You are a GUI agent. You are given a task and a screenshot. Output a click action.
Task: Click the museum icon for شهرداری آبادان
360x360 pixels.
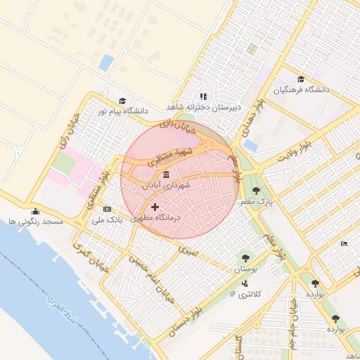pos(166,175)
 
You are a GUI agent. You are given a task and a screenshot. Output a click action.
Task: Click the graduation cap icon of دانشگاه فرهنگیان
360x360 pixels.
pos(301,79)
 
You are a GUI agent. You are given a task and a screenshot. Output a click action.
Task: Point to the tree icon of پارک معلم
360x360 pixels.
pos(255,189)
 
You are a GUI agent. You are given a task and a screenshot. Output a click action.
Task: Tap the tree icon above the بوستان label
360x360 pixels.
pos(245,258)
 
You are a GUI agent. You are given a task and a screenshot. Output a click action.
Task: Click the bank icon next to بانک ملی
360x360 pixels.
pos(107,209)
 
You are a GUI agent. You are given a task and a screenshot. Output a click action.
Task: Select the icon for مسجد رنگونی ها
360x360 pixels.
pos(35,211)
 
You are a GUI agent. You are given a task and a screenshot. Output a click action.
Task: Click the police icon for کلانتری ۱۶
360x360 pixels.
pos(244,283)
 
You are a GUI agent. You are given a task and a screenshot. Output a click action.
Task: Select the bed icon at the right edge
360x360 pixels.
pos(343,243)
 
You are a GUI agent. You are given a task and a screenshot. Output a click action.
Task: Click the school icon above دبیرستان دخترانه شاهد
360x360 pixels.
pos(203,96)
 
